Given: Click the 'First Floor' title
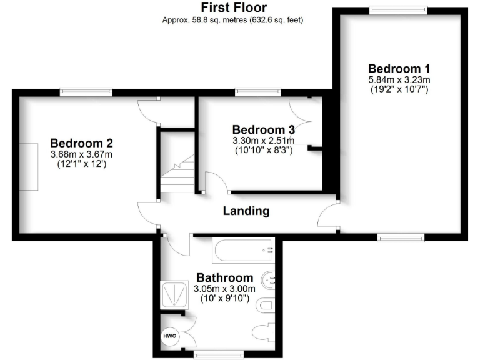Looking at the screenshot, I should click(x=233, y=7).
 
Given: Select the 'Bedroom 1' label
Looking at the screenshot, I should click(x=399, y=68).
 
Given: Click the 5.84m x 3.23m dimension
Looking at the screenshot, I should click(x=399, y=79).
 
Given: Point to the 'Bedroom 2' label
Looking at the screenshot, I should click(x=81, y=142).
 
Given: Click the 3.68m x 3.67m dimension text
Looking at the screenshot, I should click(x=81, y=154).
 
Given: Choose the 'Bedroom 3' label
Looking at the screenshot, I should click(x=262, y=129).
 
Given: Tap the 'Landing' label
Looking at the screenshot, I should click(x=246, y=211).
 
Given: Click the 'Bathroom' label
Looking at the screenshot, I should click(x=225, y=277).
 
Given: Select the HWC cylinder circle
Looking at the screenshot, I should click(x=170, y=336).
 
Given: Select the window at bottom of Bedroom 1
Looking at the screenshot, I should click(x=401, y=237).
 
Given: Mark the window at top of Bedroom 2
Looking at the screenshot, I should click(x=86, y=92).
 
